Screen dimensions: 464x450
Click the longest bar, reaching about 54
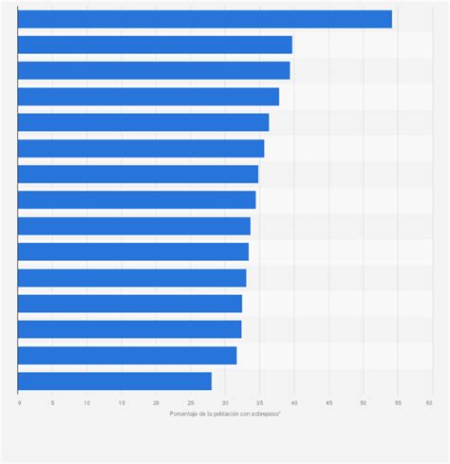pyautogui.click(x=204, y=19)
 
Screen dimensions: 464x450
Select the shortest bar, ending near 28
pyautogui.click(x=114, y=380)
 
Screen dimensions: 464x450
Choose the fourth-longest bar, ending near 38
pyautogui.click(x=148, y=97)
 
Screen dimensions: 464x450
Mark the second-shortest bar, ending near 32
pyautogui.click(x=127, y=355)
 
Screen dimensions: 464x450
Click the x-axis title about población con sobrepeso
pyautogui.click(x=225, y=414)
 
